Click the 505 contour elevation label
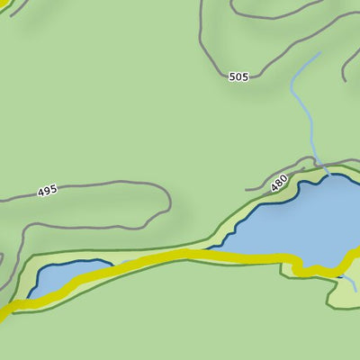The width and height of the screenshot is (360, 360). tap(238, 77)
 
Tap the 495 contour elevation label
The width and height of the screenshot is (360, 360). tap(48, 191)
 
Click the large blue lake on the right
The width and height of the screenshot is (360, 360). tap(297, 220)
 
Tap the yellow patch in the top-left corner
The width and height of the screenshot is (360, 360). tap(4, 5)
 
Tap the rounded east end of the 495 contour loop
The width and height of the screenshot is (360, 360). tap(168, 200)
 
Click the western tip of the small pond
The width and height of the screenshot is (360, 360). tap(30, 294)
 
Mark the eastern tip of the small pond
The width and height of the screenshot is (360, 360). tap(112, 264)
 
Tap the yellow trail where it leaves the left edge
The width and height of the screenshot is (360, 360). tap(3, 315)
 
